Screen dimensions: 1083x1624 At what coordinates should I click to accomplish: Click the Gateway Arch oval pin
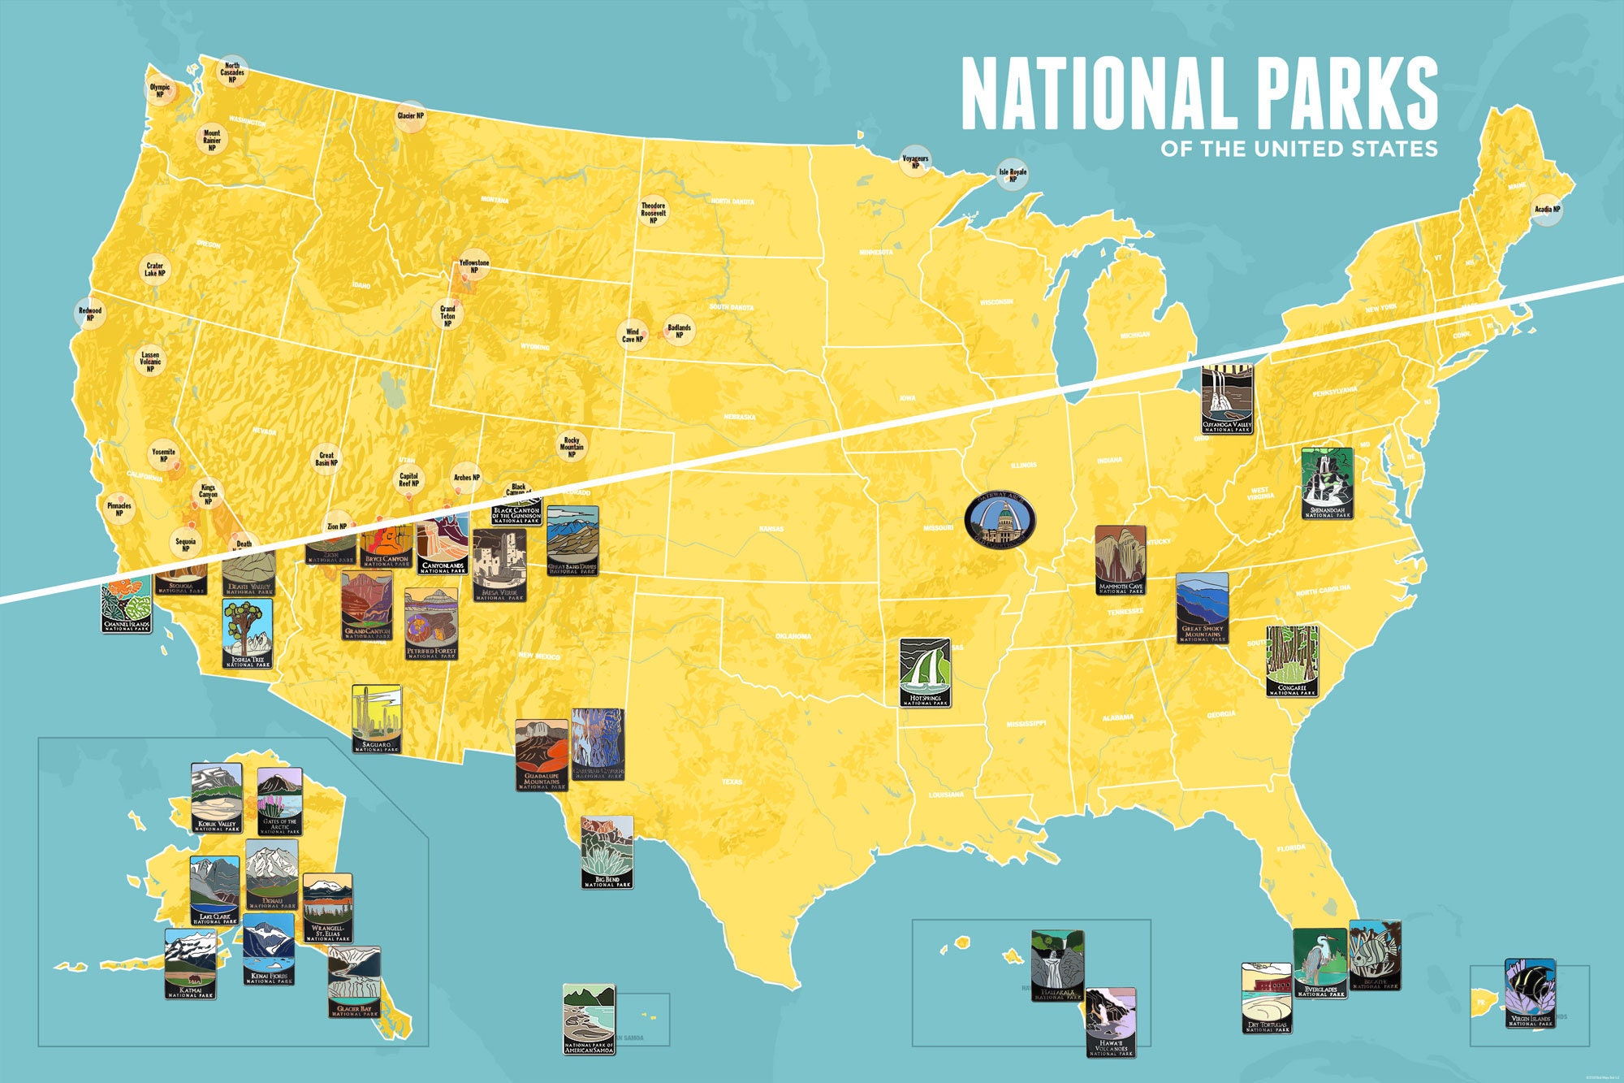(x=1000, y=520)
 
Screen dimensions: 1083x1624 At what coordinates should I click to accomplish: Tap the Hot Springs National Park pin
(x=925, y=672)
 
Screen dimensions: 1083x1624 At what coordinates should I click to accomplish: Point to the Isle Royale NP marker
(x=1013, y=174)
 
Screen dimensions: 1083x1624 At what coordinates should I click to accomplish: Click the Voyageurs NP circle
(x=915, y=162)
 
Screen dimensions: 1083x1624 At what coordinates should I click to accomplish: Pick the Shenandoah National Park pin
(x=1328, y=483)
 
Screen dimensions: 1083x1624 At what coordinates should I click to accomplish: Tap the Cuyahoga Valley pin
(x=1227, y=398)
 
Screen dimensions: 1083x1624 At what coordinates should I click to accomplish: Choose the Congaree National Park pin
(x=1291, y=661)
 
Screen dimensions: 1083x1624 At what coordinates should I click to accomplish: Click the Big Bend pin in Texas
(x=607, y=852)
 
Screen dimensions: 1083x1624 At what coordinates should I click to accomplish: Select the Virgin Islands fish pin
(x=1530, y=993)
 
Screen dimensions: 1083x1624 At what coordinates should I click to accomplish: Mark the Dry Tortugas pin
(x=1266, y=998)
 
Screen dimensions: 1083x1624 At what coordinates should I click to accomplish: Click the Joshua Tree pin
(x=248, y=634)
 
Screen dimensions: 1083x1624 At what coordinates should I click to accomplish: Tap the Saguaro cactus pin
(x=376, y=718)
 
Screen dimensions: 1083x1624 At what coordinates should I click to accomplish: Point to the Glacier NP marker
(x=410, y=116)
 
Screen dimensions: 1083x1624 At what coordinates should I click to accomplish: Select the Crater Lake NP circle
(x=154, y=269)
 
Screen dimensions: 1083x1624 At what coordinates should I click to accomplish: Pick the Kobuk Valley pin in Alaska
(x=216, y=798)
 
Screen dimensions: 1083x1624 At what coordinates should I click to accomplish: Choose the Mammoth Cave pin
(x=1120, y=560)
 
